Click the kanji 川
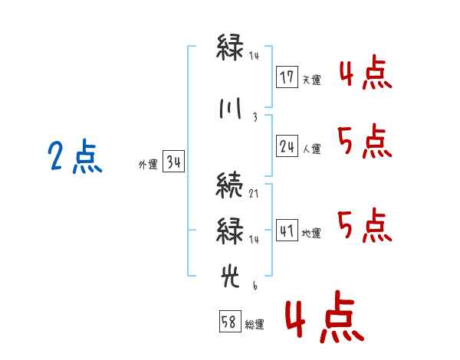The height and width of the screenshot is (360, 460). (x=231, y=109)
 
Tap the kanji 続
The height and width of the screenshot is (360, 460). (x=229, y=185)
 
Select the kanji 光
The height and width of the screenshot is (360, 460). (x=230, y=277)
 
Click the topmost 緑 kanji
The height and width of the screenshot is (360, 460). (x=230, y=47)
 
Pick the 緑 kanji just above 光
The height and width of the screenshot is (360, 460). (x=230, y=231)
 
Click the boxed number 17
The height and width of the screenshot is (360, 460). (x=287, y=77)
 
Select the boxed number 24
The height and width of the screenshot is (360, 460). (x=287, y=146)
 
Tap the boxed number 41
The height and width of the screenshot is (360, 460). (x=287, y=231)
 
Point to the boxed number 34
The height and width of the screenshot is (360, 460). (x=173, y=162)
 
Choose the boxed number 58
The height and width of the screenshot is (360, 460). (x=230, y=321)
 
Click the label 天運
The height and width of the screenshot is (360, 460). (x=312, y=80)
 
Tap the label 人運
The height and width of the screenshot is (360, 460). (x=312, y=149)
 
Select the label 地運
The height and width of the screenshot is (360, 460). (x=311, y=233)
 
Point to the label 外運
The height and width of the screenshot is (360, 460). (x=148, y=164)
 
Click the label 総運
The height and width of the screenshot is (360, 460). (x=255, y=324)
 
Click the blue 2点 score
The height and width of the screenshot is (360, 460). (x=75, y=156)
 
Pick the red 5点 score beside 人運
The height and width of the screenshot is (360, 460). (x=365, y=141)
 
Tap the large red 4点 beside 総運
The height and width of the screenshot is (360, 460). (x=325, y=316)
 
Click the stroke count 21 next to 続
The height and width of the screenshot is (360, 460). (x=254, y=194)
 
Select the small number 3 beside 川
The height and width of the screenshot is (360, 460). (x=255, y=117)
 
